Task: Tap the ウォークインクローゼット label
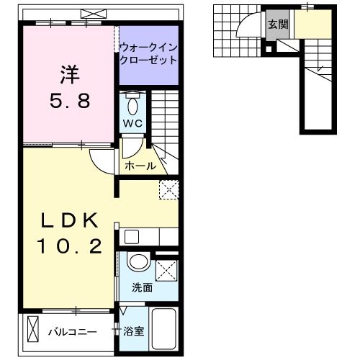(148, 53)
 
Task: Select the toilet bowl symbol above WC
(133, 105)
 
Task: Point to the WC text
(133, 123)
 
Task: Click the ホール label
(140, 166)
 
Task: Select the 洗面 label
(141, 287)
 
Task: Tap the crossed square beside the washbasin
(166, 271)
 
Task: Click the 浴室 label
(132, 332)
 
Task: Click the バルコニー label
(72, 332)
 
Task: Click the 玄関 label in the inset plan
(277, 24)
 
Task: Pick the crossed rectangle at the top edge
(92, 12)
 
